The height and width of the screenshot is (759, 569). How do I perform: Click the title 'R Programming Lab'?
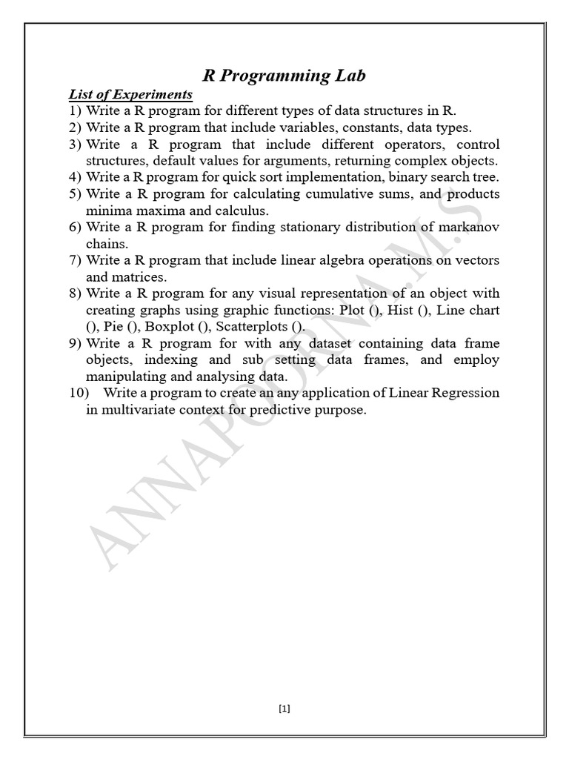284,76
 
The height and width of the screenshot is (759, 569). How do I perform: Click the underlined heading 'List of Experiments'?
130,95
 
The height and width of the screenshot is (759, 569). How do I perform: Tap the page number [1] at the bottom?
284,709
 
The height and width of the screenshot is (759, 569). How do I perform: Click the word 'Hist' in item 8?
402,310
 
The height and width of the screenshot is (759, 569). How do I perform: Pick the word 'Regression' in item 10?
467,393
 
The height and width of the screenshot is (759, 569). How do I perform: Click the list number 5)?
75,194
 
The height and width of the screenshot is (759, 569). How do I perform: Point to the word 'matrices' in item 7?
139,277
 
